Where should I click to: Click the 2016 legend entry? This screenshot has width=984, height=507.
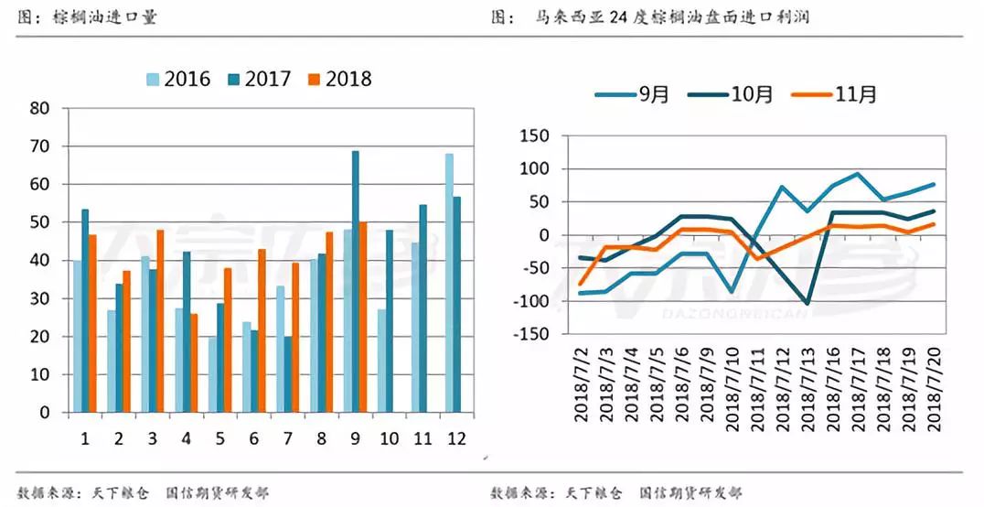[x=179, y=79]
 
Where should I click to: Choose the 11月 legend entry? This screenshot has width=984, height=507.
[x=847, y=93]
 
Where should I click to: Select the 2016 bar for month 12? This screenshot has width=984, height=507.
[x=449, y=283]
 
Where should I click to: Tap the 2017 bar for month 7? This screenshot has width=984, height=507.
[x=288, y=374]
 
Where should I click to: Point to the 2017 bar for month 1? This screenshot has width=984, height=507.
[x=85, y=310]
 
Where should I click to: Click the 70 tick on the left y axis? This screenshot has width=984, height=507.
[x=40, y=146]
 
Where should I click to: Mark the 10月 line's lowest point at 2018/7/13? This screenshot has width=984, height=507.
[x=807, y=303]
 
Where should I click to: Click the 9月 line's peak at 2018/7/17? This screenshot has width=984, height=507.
[x=858, y=174]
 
